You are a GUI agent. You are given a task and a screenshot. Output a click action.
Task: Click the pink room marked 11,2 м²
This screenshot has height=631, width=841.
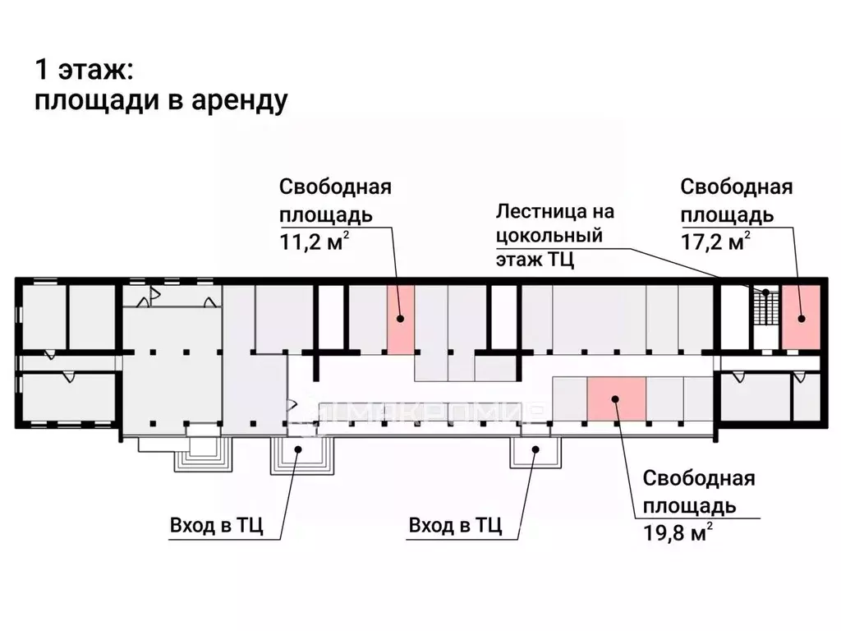click(401, 320)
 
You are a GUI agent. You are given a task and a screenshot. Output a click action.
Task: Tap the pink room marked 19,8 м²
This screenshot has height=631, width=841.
click(616, 398)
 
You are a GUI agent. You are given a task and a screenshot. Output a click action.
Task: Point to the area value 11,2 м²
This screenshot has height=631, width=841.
click(315, 242)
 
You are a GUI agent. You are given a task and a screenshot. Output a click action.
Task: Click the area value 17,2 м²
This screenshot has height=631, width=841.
click(715, 242)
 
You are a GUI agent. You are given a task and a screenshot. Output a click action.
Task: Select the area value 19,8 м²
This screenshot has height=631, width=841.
click(678, 532)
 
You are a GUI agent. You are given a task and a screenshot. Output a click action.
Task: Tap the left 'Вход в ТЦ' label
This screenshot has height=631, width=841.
click(217, 525)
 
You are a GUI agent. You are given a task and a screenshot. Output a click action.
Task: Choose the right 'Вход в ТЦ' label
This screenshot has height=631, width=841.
click(455, 525)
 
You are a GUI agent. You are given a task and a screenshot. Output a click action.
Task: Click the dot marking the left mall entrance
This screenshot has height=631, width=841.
click(298, 449)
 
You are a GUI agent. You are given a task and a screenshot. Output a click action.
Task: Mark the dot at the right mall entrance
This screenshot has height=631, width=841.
click(535, 449)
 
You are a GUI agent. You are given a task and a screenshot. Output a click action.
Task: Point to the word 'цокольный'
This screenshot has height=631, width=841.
click(549, 236)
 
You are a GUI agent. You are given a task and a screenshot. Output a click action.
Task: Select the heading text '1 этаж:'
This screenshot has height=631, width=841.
click(85, 70)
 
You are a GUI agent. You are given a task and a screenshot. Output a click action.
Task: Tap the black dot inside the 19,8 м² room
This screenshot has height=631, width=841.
click(616, 399)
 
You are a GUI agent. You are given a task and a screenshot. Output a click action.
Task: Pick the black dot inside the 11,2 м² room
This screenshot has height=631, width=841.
click(400, 319)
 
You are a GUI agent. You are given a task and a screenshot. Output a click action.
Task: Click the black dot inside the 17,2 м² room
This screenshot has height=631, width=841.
click(802, 318)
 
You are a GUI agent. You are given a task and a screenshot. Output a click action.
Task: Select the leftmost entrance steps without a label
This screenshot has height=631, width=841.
click(204, 456)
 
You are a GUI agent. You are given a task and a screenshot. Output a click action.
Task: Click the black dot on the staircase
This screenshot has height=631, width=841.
click(766, 292)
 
